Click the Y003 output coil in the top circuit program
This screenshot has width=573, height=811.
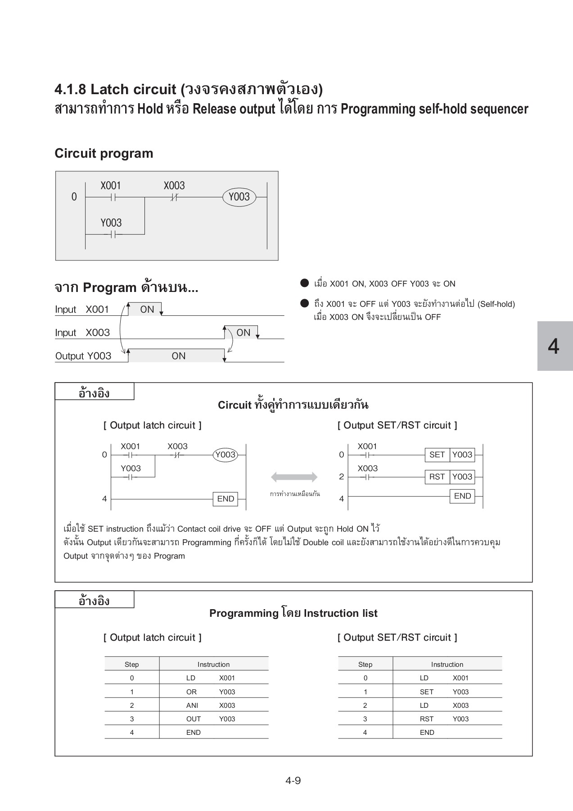[x=239, y=197]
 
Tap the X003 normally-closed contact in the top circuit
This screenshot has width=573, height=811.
[x=174, y=197]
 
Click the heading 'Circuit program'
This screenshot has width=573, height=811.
[x=104, y=153]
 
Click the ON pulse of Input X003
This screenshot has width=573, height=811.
[x=243, y=333]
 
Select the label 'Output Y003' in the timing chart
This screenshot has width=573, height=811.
[x=83, y=356]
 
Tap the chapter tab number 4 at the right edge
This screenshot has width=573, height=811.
[x=554, y=346]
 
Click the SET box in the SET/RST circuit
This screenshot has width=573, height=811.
[x=437, y=455]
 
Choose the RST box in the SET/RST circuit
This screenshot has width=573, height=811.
[x=437, y=477]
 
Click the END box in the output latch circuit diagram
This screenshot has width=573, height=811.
[x=226, y=499]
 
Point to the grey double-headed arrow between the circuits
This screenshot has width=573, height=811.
[x=294, y=477]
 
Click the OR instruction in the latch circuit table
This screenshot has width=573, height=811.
[x=192, y=692]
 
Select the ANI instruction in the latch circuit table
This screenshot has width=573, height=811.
[x=192, y=705]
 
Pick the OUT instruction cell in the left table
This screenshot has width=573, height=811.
[x=194, y=719]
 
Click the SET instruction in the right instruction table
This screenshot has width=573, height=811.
[x=426, y=692]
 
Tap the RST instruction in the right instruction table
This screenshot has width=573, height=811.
[x=426, y=719]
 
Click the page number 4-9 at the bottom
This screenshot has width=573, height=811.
[x=293, y=780]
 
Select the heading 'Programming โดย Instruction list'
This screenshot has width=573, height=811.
[x=293, y=613]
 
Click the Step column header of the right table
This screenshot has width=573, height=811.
[x=365, y=664]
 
